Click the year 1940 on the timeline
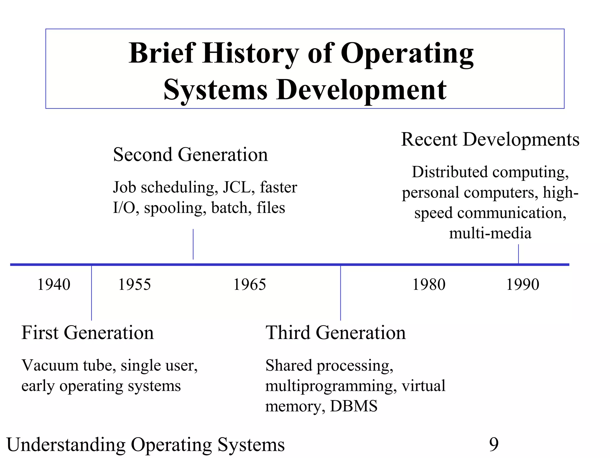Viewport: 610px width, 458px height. point(54,284)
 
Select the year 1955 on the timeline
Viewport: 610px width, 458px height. point(135,284)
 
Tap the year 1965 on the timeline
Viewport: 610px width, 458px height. point(249,284)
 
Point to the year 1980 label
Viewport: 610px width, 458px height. point(429,284)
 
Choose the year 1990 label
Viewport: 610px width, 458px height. point(523,284)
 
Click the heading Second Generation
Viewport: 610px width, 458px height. point(190,154)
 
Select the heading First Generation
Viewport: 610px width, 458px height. point(88,332)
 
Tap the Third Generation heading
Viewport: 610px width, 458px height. point(335,332)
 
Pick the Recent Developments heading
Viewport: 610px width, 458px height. point(490,139)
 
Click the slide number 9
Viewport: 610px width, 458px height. point(494,445)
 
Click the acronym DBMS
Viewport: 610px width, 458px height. point(354,406)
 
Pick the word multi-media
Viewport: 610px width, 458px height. point(490,233)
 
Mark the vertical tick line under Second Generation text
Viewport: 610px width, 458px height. point(193,244)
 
